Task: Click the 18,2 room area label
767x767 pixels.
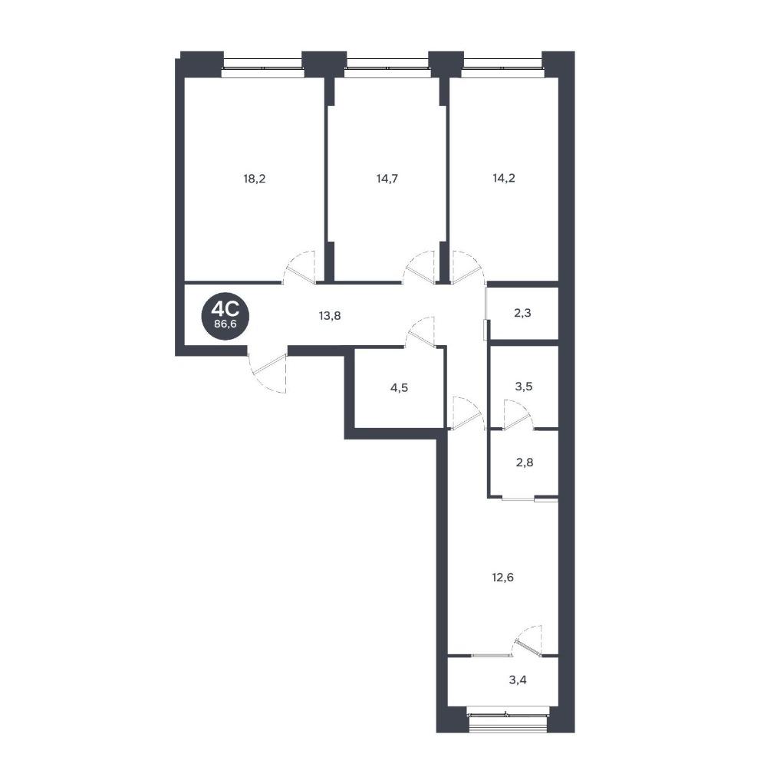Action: pyautogui.click(x=254, y=179)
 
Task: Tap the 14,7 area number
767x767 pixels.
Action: pyautogui.click(x=387, y=179)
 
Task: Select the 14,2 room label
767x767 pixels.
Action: pyautogui.click(x=504, y=178)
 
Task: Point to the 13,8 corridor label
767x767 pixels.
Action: pyautogui.click(x=330, y=316)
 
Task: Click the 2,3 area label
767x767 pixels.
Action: pyautogui.click(x=522, y=313)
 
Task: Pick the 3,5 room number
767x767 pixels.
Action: pyautogui.click(x=524, y=387)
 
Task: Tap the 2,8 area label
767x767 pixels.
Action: pyautogui.click(x=525, y=463)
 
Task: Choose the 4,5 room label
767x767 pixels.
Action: pyautogui.click(x=399, y=388)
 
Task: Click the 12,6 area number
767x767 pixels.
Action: pyautogui.click(x=503, y=578)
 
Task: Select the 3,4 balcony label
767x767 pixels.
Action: pyautogui.click(x=518, y=680)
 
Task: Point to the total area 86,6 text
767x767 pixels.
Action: pyautogui.click(x=225, y=324)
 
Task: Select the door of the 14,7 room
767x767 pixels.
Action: pyautogui.click(x=419, y=267)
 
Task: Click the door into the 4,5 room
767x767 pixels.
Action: pyautogui.click(x=420, y=331)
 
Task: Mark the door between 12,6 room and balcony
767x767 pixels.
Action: pyautogui.click(x=528, y=640)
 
